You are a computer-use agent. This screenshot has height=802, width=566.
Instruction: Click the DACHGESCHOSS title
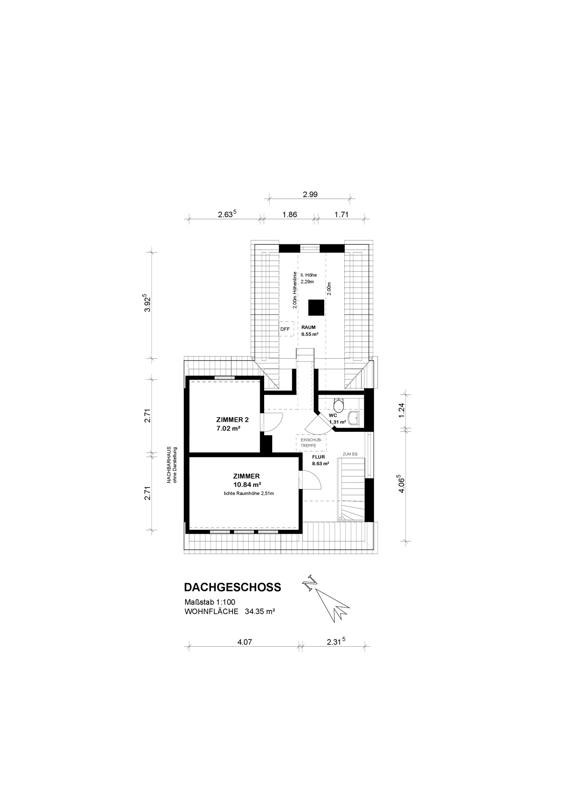[232, 587]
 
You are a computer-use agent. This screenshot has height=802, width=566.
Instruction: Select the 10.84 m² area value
[247, 485]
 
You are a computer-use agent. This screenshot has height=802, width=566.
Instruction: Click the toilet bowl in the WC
[339, 405]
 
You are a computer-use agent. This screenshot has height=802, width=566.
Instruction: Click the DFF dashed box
[286, 329]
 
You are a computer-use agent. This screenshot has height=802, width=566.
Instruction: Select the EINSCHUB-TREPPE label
[308, 443]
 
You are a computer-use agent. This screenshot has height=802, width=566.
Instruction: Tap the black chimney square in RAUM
[316, 308]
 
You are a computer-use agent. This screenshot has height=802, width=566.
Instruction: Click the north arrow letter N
[309, 583]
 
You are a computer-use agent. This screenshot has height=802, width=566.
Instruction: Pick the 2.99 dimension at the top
[309, 194]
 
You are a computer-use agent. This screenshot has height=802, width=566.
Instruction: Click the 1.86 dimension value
[290, 215]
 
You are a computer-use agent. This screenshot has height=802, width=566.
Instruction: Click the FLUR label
[318, 457]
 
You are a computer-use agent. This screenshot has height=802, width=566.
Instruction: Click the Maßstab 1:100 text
[210, 602]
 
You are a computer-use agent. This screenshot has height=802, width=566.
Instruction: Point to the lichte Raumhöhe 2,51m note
[249, 493]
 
